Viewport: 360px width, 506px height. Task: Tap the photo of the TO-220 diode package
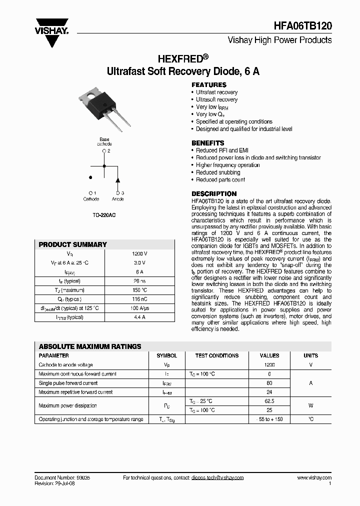point(103,106)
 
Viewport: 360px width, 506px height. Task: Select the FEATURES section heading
point(209,84)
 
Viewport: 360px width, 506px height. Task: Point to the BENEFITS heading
point(208,143)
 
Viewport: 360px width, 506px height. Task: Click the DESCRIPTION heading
point(214,193)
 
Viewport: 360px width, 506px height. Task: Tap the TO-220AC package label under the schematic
point(104,215)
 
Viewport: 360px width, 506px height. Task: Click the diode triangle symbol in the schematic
point(117,180)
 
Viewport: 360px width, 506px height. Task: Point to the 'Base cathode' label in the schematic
point(104,141)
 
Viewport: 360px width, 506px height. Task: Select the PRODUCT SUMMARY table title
point(72,244)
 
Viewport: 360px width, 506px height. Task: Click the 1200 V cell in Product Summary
point(139,253)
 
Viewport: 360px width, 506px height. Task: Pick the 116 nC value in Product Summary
point(139,299)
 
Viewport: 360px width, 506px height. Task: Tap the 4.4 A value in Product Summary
point(139,317)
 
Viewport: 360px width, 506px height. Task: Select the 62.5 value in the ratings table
point(269,401)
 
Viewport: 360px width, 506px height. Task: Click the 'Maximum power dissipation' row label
point(67,405)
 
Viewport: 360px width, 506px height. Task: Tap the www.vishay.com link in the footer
point(314,478)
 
